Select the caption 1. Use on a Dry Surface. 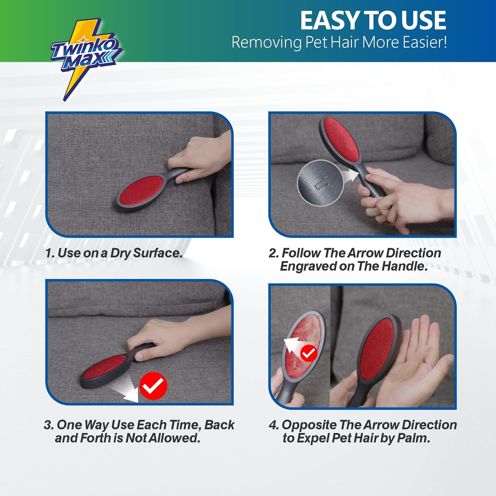click(x=114, y=253)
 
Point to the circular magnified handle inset click(x=320, y=183)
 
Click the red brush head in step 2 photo click(x=342, y=140)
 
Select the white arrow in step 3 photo click(x=125, y=392)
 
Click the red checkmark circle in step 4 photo click(x=308, y=353)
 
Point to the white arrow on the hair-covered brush click(x=292, y=345)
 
